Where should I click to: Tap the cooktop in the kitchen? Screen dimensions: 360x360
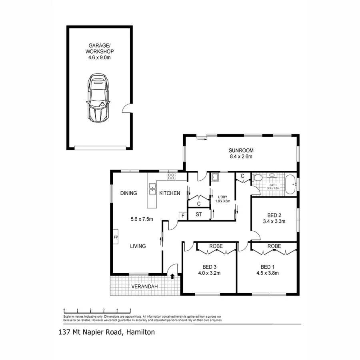pyautogui.click(x=172, y=176)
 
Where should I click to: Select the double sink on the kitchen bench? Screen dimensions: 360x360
pyautogui.click(x=153, y=189)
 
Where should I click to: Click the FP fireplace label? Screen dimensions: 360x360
pyautogui.click(x=116, y=237)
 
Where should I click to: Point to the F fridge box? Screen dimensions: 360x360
pyautogui.click(x=182, y=216)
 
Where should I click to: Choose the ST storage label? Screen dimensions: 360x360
pyautogui.click(x=199, y=214)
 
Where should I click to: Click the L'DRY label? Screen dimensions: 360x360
pyautogui.click(x=223, y=196)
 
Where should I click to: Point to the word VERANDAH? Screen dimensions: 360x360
pyautogui.click(x=144, y=287)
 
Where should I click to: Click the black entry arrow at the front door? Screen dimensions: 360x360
pyautogui.click(x=172, y=276)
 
